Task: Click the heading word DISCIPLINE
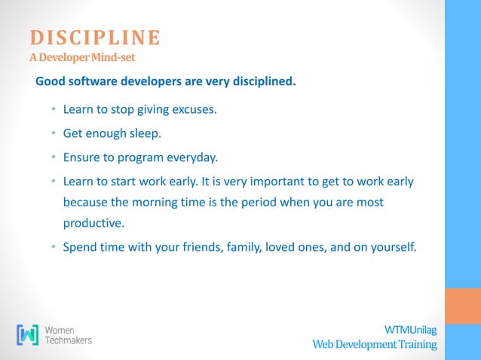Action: pos(95,38)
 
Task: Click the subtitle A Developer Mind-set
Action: pos(83,57)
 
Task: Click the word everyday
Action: pos(190,158)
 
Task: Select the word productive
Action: pos(92,224)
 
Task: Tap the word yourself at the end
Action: pos(391,247)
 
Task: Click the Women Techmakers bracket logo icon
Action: pos(29,335)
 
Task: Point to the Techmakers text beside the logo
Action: pos(69,340)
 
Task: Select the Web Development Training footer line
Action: pos(375,344)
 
